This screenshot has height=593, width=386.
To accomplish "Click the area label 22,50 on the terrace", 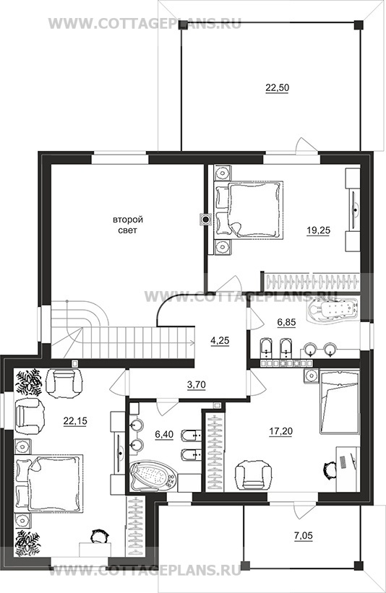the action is [278, 87].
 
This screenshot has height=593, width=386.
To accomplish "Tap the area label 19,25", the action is [318, 230].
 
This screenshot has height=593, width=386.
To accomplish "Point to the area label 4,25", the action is [220, 340].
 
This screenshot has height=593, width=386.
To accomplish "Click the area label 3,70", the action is [197, 385].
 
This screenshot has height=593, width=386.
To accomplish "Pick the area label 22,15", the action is [74, 420].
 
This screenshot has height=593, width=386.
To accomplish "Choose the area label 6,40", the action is [164, 435].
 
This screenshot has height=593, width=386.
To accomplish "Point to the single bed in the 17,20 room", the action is [339, 402].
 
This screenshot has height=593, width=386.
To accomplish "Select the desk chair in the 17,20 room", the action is [330, 471].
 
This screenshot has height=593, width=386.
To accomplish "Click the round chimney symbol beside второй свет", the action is [205, 219].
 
